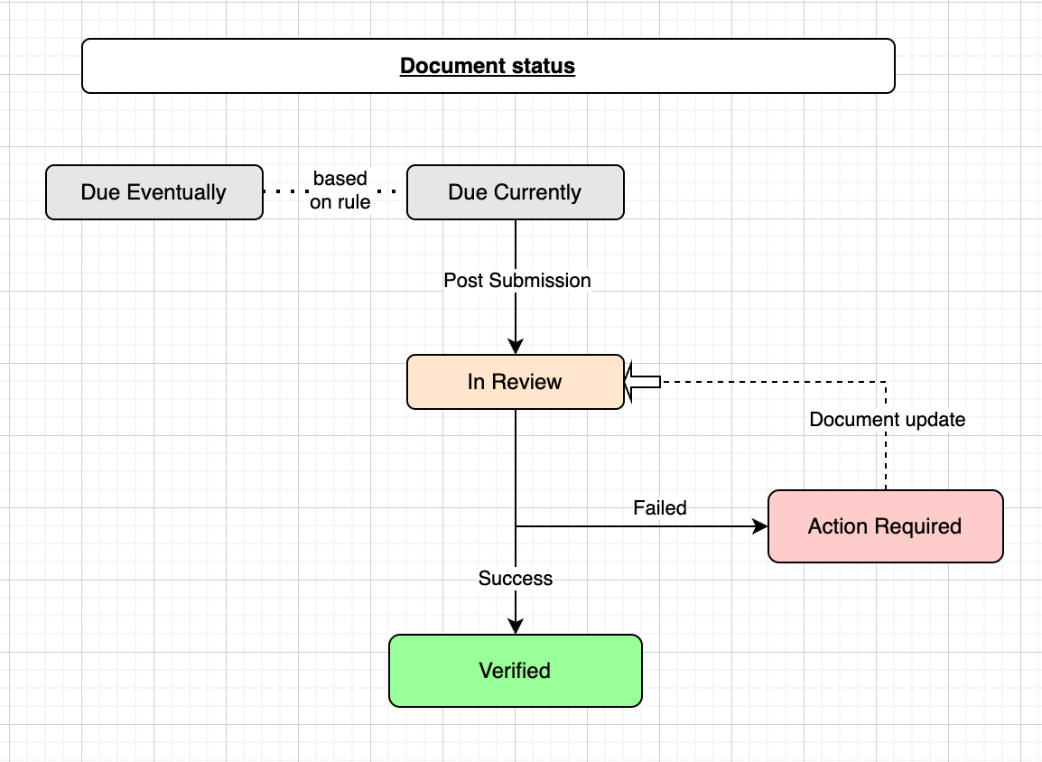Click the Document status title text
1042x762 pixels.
pos(488,66)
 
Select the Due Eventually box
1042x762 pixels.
pos(154,192)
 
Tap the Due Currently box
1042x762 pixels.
pos(515,192)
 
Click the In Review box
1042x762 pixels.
pos(515,382)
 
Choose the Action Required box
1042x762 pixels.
pos(885,526)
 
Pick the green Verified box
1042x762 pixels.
pos(515,671)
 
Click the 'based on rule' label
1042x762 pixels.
pos(340,190)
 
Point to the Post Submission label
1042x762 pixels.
pos(517,281)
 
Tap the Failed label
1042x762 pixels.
pos(660,508)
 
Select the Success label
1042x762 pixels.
pos(516,579)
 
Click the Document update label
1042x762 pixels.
pos(888,420)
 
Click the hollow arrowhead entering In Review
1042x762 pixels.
pos(642,382)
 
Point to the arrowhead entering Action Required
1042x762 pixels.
pos(760,526)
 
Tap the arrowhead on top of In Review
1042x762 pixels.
pos(516,347)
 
